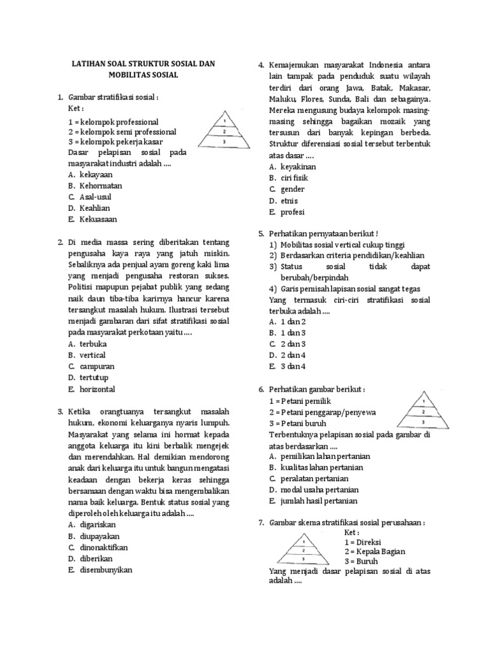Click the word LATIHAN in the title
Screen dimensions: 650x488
pos(88,64)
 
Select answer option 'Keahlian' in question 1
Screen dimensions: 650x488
pos(95,208)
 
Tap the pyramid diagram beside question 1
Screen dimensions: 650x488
pos(224,131)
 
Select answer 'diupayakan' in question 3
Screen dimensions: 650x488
pos(101,536)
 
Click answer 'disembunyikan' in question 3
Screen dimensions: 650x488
pos(106,570)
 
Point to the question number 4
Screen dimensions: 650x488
pos(261,65)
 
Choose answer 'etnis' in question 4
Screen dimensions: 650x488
pos(289,201)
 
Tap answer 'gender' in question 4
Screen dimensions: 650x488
pos(292,189)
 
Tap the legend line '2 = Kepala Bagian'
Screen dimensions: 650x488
pos(374,552)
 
